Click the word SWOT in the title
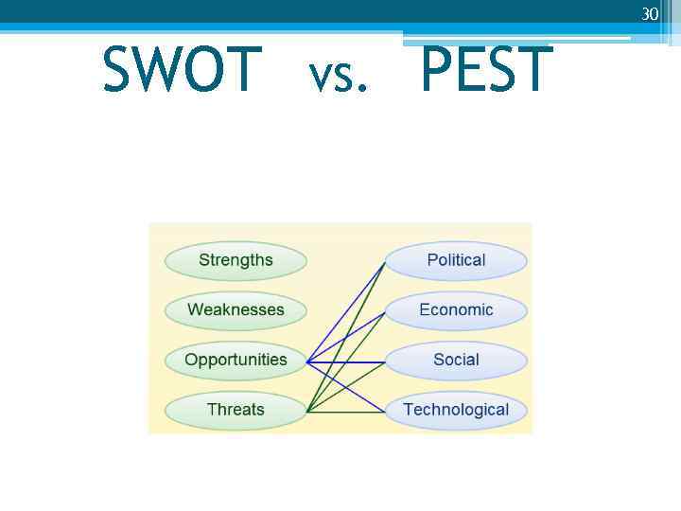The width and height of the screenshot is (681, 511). tap(182, 69)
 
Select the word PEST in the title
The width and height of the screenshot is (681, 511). tap(486, 69)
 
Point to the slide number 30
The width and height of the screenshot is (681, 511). tap(650, 14)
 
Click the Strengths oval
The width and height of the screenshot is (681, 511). tap(236, 260)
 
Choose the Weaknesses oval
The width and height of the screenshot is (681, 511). tap(236, 309)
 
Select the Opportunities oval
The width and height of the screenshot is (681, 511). tap(236, 360)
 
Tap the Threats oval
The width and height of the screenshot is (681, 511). tap(236, 410)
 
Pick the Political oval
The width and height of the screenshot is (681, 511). tap(456, 260)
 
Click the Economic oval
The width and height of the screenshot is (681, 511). tap(456, 309)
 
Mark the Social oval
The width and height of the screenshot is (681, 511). tap(456, 360)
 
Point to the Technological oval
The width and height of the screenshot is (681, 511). tap(456, 410)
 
